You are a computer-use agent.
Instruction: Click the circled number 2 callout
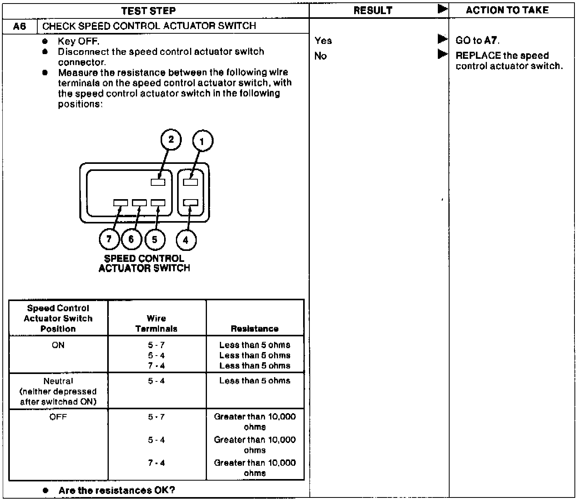coord(171,140)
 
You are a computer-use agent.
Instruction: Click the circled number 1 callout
coord(203,142)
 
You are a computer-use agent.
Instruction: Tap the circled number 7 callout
coord(109,239)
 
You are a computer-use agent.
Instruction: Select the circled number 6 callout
coord(132,239)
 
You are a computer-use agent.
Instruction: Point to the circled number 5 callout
coord(155,239)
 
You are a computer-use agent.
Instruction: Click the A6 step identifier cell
coord(19,26)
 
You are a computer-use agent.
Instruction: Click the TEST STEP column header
coord(148,11)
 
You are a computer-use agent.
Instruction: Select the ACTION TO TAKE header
coord(507,10)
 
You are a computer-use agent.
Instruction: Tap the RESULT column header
coord(373,11)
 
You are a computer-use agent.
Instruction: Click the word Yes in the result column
coord(323,40)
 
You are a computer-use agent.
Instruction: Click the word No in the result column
coord(320,56)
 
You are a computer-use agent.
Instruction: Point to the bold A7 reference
coord(491,40)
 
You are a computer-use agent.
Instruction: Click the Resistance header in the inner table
coord(255,329)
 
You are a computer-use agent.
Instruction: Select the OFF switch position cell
coord(58,417)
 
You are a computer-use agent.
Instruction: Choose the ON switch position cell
coord(58,345)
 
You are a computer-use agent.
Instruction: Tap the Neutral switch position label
coord(58,381)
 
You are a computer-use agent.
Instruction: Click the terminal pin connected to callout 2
coord(158,182)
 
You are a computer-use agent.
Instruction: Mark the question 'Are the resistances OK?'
coord(117,490)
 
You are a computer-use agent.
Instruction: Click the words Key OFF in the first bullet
coord(79,41)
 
